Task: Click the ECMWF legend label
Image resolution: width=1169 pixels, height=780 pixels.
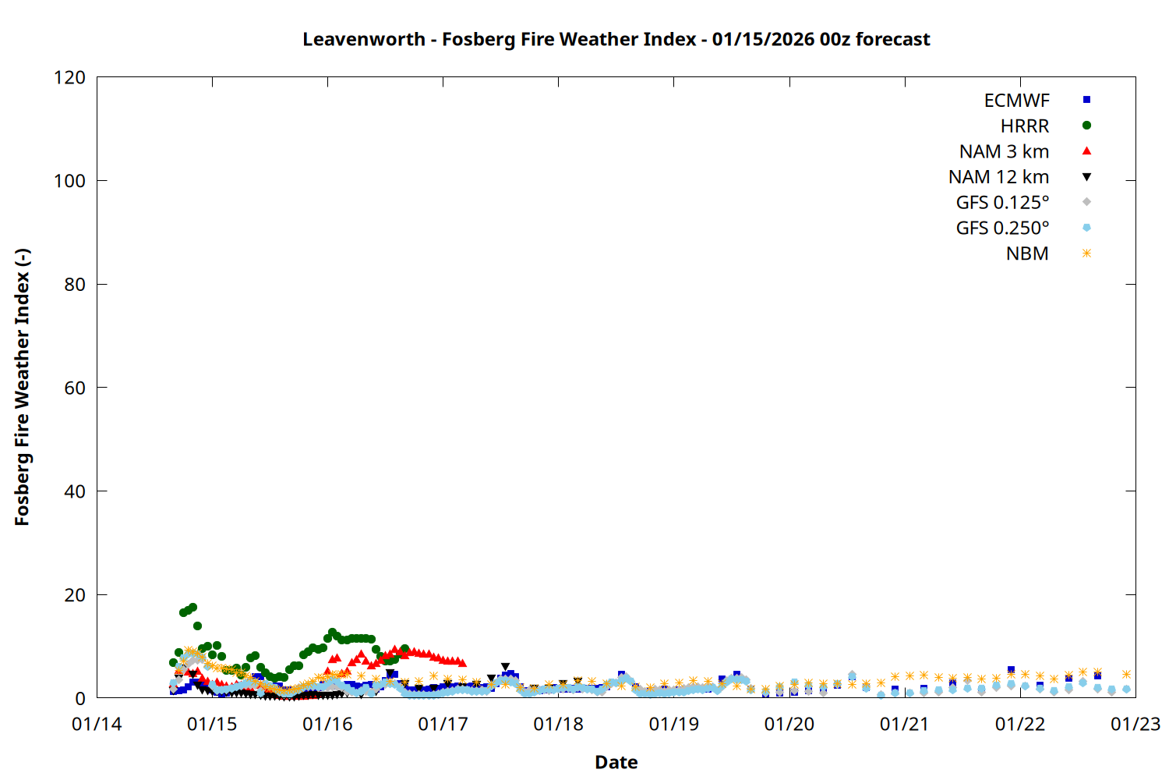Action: [1016, 101]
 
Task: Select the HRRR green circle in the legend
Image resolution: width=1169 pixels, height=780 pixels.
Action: [1086, 126]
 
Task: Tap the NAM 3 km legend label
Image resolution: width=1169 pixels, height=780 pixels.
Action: [1004, 151]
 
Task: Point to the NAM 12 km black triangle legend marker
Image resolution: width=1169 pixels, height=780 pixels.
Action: [1086, 177]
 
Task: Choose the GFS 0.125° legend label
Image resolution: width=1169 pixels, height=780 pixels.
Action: [1002, 203]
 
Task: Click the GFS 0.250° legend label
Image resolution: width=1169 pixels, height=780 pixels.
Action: [1002, 229]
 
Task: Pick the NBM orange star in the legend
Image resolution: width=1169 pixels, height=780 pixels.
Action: [1086, 253]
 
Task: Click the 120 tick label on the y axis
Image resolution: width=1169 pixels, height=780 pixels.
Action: [70, 78]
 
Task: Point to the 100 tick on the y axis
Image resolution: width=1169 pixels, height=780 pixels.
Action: [70, 181]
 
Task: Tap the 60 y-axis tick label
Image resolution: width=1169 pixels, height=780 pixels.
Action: [75, 388]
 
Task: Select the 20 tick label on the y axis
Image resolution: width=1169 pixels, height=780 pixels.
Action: [75, 595]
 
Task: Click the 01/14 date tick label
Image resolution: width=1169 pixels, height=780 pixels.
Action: [97, 725]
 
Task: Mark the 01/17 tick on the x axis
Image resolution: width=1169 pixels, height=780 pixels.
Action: [443, 725]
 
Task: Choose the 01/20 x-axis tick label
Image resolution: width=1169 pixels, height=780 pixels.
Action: [789, 725]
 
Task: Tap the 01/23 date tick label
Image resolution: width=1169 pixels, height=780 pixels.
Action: [1135, 725]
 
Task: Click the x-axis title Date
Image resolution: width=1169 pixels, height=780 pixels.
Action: [616, 762]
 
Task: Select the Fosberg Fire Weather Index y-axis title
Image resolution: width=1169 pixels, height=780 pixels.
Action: [22, 388]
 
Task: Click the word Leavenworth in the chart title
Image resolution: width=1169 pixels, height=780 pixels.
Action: [364, 40]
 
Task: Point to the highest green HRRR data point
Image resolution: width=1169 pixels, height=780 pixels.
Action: [192, 607]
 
